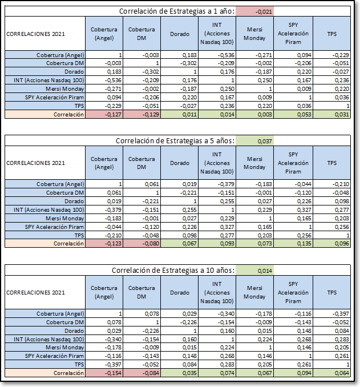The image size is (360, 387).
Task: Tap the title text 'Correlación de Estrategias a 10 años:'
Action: point(173,271)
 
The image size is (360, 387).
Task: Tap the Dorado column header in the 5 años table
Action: point(179,163)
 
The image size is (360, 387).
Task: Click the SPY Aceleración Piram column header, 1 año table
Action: point(293,34)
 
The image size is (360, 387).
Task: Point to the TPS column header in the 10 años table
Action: point(332,292)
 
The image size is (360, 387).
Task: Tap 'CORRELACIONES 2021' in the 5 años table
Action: point(35,163)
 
